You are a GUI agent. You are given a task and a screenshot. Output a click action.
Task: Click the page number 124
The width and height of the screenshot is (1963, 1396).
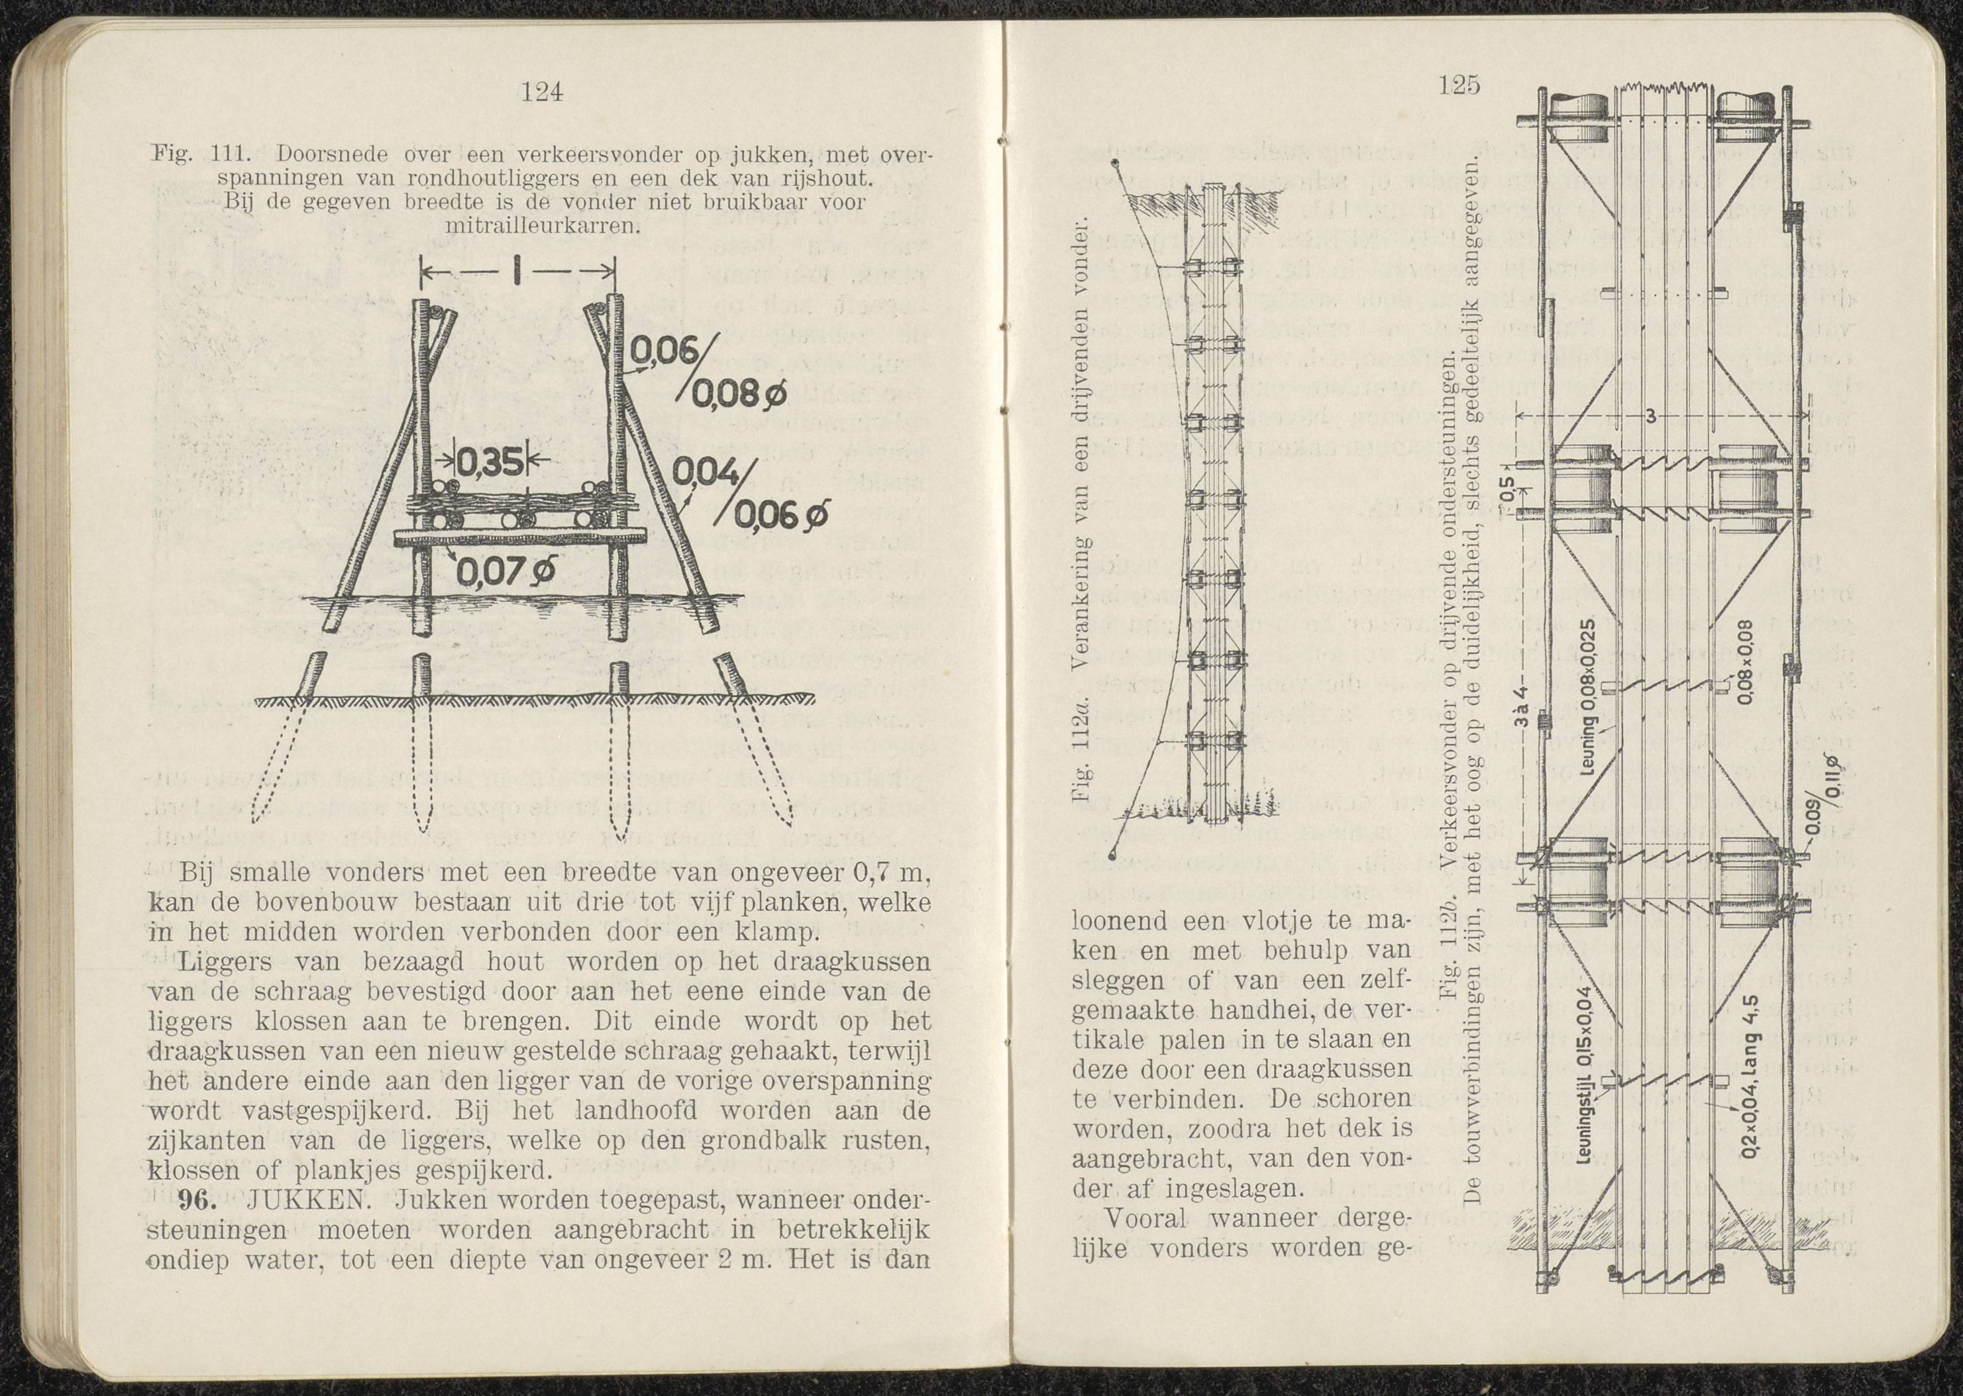point(541,92)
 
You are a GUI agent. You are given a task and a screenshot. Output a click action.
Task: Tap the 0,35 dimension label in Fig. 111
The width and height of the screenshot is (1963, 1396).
point(488,464)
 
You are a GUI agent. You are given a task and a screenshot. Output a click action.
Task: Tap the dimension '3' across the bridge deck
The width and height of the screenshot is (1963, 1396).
point(1650,417)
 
